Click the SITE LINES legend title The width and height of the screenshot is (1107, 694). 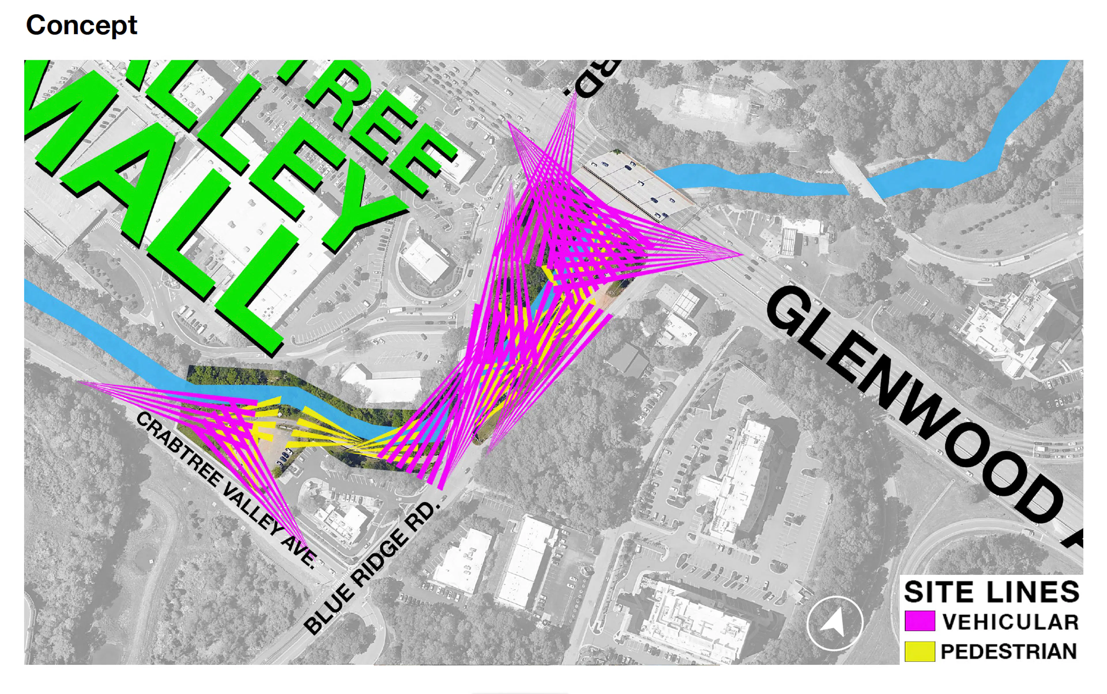[991, 592]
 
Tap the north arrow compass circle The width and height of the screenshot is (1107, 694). [835, 623]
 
